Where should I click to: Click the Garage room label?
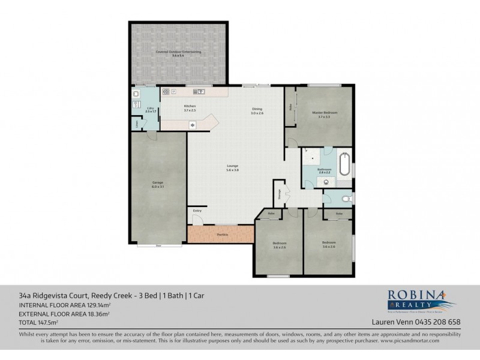point(158,184)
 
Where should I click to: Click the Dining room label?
point(257,111)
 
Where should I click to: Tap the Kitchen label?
point(190,109)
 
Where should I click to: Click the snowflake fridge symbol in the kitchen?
point(192,125)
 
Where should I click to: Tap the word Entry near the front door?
point(197,211)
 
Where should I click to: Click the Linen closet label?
point(137,124)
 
